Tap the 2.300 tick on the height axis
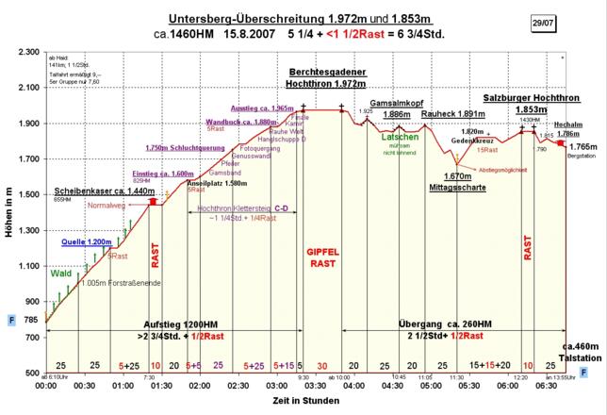[25, 52]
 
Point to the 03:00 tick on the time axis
[276, 385]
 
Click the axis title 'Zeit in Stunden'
[308, 402]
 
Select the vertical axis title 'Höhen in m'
[8, 211]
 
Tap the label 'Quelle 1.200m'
[87, 242]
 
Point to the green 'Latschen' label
[400, 137]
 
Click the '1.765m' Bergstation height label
[583, 147]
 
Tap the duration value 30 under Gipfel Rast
[322, 365]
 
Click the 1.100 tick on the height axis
[25, 266]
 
